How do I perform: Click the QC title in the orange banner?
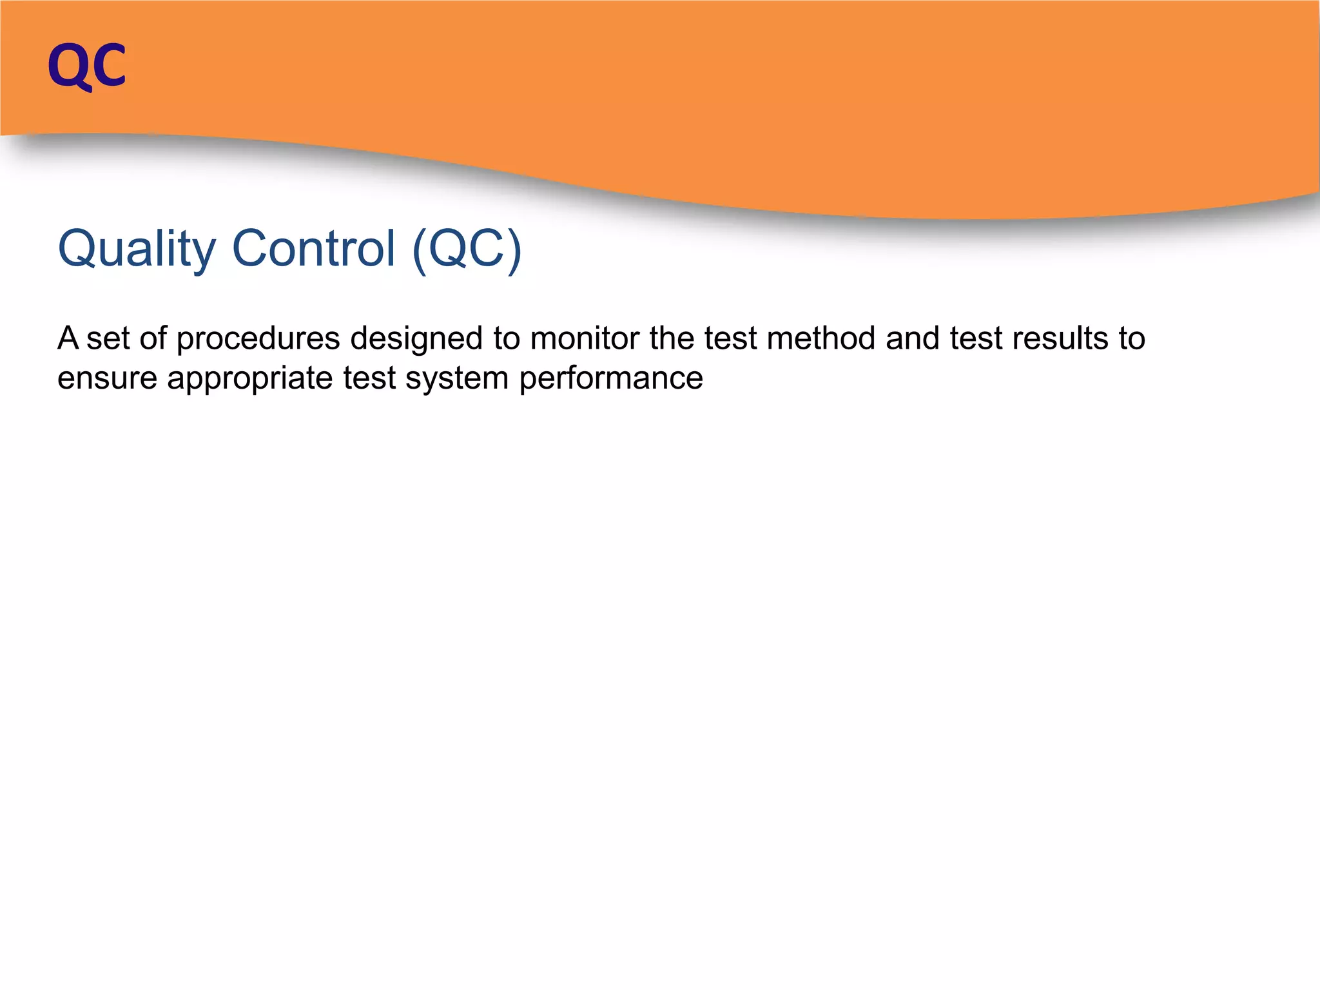point(87,66)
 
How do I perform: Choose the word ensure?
point(107,379)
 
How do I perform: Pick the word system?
point(457,379)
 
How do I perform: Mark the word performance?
point(611,379)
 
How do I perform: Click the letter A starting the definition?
point(68,338)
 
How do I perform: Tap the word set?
point(108,339)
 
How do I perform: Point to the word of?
point(153,338)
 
